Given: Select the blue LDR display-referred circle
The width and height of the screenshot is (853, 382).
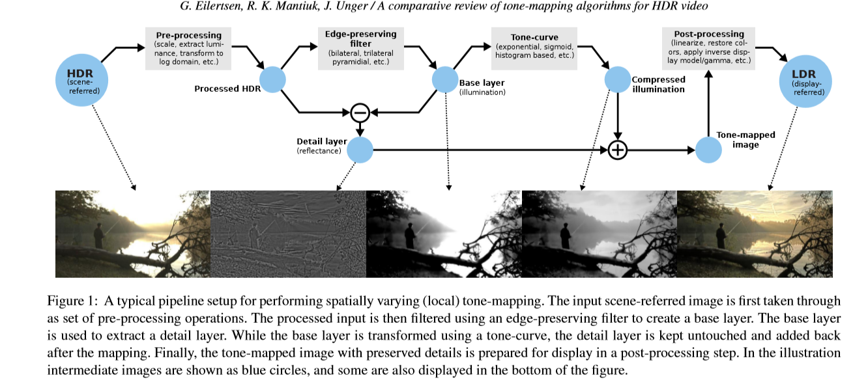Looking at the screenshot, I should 807,80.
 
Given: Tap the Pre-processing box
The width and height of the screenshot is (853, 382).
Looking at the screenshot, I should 188,49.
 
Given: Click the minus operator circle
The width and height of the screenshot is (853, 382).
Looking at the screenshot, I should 360,113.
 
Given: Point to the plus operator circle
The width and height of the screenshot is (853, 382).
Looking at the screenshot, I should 617,150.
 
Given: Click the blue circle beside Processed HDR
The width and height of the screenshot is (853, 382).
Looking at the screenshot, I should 273,80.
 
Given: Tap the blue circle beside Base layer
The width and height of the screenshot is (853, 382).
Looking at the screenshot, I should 446,80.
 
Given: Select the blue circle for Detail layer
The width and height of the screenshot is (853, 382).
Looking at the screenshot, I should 360,150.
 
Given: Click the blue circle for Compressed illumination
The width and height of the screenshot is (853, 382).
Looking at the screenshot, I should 617,80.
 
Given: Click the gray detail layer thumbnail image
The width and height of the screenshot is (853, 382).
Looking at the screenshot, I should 288,234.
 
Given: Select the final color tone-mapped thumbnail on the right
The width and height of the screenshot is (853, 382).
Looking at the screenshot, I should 755,234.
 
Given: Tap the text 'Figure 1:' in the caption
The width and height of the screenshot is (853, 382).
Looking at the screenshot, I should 70,301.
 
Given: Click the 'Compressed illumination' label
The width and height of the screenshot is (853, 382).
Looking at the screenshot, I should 658,85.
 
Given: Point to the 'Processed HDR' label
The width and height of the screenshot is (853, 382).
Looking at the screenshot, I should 227,89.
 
